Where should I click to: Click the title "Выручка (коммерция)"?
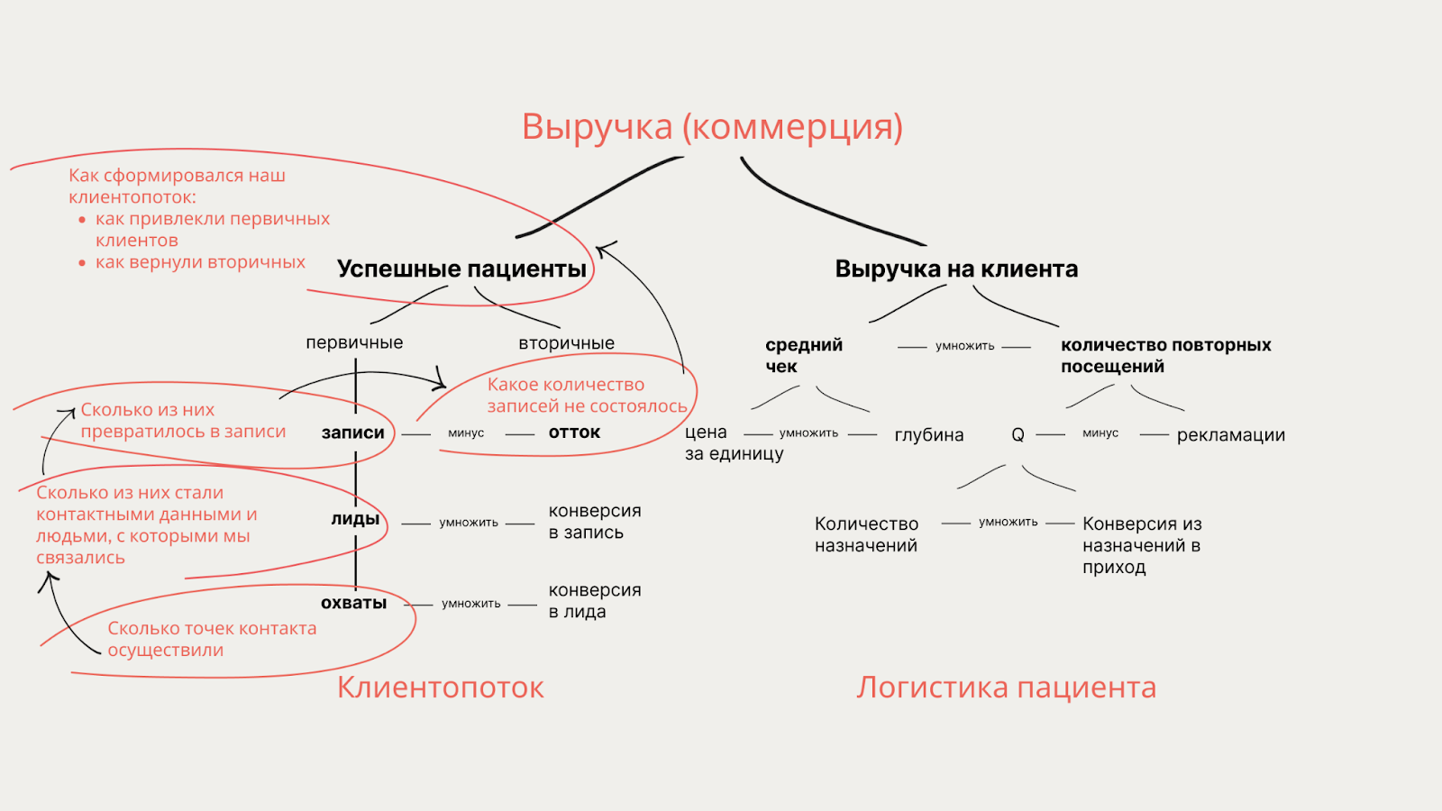(712, 127)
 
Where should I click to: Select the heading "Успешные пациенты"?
(461, 269)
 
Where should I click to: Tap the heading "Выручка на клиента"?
(956, 269)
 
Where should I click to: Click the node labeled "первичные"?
(354, 342)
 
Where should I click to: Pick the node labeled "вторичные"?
(566, 343)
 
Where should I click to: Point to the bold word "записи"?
(353, 433)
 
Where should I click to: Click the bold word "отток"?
(574, 433)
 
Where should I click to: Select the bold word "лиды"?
(355, 519)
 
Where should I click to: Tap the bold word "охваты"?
(353, 603)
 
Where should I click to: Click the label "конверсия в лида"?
(595, 601)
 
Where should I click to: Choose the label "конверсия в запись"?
(595, 522)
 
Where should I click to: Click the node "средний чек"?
(803, 355)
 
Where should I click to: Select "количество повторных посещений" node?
(1165, 355)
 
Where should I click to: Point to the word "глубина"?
(928, 435)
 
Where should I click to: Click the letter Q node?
(1018, 435)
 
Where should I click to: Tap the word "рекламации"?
(1230, 435)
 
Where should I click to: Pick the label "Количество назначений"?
(866, 534)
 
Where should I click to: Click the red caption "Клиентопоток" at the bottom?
(441, 688)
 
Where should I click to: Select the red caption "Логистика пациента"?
(1006, 688)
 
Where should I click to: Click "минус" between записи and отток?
(466, 433)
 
